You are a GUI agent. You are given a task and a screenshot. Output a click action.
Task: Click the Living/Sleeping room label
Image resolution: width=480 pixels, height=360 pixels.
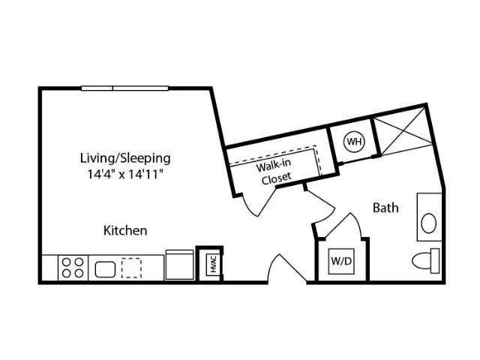[125, 158]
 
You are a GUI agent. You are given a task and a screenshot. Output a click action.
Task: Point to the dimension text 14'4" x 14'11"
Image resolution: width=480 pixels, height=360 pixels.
[125, 175]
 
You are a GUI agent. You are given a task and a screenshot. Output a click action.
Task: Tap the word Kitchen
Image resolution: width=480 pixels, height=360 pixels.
[125, 230]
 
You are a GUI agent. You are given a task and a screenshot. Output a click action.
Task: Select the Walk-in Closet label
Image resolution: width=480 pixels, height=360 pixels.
[274, 172]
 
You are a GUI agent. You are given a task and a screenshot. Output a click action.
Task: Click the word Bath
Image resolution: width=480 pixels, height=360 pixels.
[385, 208]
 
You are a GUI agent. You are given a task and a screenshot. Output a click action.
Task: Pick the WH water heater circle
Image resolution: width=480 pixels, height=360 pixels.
[355, 142]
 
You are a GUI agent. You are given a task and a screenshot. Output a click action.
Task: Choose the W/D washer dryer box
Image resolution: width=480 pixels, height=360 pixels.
[341, 261]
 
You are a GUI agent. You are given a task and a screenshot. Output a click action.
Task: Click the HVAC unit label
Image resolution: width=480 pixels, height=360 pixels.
[213, 265]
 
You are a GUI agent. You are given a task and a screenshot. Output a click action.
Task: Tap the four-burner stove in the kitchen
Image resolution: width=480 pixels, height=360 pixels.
[73, 268]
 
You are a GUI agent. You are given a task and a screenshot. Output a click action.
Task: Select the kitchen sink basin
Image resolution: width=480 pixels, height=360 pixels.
[105, 269]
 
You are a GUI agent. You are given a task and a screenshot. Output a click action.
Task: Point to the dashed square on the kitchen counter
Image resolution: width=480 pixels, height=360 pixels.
[131, 268]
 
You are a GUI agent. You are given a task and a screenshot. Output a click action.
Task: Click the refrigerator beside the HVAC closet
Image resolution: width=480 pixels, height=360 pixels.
[180, 265]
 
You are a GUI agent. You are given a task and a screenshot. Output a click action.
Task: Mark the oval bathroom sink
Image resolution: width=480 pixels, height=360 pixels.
[428, 223]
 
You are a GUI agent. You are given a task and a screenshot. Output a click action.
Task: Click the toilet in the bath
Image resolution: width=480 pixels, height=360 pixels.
[426, 261]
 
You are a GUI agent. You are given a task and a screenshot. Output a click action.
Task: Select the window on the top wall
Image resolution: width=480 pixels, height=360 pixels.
[125, 88]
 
